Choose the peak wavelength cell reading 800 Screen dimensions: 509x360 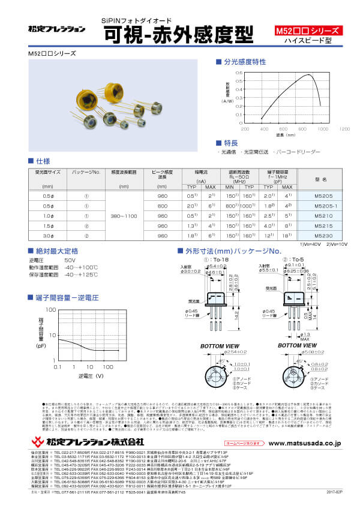pos(162,205)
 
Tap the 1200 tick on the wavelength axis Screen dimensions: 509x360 pos(344,129)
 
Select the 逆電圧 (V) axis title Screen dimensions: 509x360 pos(90,376)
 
